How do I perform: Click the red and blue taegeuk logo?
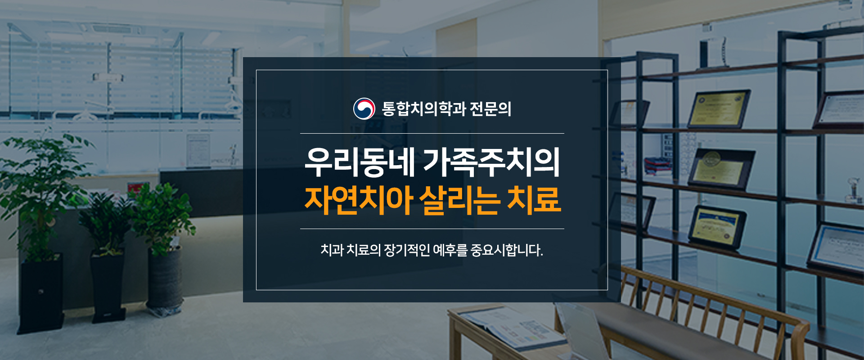[364, 108]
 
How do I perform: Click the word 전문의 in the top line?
[490, 109]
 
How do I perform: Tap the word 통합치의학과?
[424, 109]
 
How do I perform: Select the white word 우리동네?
[360, 162]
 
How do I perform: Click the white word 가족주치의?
[491, 162]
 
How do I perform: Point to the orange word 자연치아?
[359, 199]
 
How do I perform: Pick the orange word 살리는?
[459, 199]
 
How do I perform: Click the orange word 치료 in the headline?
[534, 199]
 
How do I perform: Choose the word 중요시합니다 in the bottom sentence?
[507, 250]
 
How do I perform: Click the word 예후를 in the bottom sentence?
[450, 250]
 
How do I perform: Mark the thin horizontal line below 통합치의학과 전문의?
[432, 133]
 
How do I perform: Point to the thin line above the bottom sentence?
[432, 229]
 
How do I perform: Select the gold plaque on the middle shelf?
[721, 169]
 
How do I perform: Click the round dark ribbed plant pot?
[165, 281]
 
